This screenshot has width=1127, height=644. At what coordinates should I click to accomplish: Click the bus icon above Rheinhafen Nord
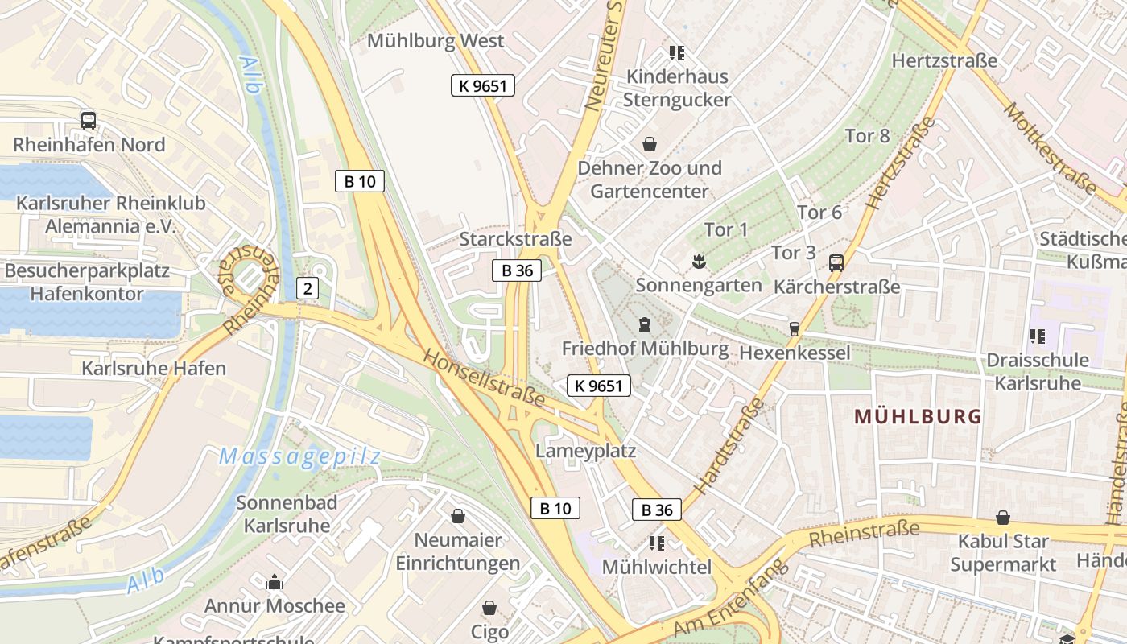click(x=89, y=121)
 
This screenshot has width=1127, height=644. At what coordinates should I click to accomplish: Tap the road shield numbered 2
click(x=307, y=287)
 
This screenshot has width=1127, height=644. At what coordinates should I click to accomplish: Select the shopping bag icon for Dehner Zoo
click(x=649, y=144)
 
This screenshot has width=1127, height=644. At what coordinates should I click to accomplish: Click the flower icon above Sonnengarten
click(x=698, y=261)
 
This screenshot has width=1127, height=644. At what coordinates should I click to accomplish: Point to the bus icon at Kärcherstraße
click(x=836, y=262)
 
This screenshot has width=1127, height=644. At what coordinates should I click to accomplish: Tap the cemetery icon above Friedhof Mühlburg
click(x=644, y=324)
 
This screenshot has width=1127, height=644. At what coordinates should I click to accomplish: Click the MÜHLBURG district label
click(x=918, y=416)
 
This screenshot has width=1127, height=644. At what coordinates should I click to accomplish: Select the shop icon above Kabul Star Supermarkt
click(x=1002, y=518)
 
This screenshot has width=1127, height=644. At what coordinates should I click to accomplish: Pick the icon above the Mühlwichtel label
click(x=656, y=543)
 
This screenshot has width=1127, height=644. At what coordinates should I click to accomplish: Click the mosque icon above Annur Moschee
click(x=275, y=582)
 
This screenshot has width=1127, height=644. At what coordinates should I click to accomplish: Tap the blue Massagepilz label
click(x=299, y=456)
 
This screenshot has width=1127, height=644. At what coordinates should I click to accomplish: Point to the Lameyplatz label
click(x=586, y=451)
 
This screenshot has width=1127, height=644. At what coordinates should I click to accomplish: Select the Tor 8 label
click(x=868, y=135)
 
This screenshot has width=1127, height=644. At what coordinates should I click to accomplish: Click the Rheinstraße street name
click(x=865, y=533)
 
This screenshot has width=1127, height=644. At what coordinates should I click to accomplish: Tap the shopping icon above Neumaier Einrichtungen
click(x=458, y=515)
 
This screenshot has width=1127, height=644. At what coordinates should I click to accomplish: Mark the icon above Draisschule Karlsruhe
click(x=1037, y=336)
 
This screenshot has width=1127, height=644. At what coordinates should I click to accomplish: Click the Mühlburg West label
click(x=436, y=41)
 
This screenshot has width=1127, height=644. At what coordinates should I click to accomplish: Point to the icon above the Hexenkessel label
click(x=794, y=328)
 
